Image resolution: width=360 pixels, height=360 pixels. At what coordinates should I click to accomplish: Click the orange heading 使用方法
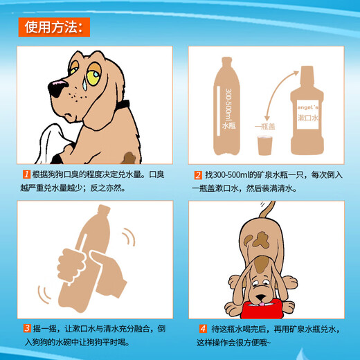(x=53, y=27)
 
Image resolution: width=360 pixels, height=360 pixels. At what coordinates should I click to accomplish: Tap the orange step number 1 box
(x=26, y=175)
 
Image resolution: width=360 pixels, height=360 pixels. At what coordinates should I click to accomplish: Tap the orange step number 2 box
(x=198, y=175)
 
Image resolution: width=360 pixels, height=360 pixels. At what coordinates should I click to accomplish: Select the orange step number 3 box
(x=26, y=328)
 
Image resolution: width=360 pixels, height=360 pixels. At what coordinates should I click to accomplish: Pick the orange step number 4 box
(x=203, y=329)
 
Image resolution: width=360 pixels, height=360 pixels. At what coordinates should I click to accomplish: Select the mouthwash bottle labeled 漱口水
(x=306, y=114)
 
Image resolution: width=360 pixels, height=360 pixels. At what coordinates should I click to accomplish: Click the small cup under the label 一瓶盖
(x=265, y=146)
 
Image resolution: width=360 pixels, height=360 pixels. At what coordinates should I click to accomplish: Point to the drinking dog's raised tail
(x=267, y=210)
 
